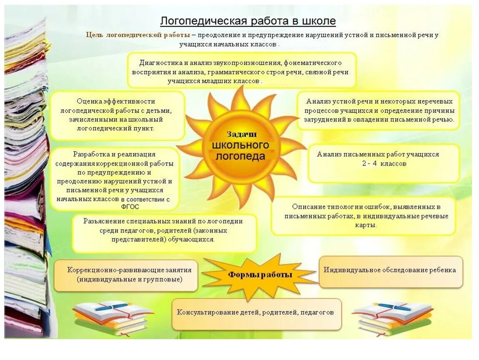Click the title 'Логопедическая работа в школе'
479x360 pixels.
[x=248, y=21]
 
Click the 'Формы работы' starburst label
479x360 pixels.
[x=259, y=275]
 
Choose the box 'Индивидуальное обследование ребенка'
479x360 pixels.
[x=390, y=270]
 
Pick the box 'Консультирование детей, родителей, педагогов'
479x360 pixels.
[x=256, y=312]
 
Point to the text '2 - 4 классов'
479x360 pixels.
[x=384, y=164]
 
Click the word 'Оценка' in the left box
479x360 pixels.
[x=88, y=101]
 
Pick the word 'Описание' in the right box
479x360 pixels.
[x=306, y=207]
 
